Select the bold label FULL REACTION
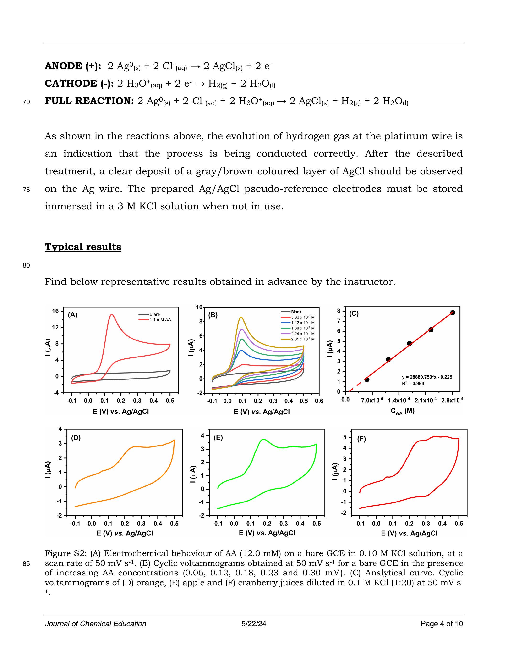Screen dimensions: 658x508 (x=89, y=101)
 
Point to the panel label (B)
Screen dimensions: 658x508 (x=213, y=315)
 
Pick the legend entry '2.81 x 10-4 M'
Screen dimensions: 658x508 (x=302, y=339)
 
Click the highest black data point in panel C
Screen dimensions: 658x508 (x=453, y=313)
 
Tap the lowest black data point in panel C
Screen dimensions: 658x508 (x=366, y=380)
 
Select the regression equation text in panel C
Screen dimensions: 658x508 (x=427, y=377)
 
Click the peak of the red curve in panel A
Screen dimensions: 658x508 (x=112, y=315)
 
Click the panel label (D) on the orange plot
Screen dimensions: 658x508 (x=76, y=438)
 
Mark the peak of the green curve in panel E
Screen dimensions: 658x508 (x=264, y=440)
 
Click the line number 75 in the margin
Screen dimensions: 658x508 (x=26, y=190)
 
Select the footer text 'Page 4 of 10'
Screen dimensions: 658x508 (x=442, y=624)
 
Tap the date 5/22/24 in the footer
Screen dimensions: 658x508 (x=254, y=624)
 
